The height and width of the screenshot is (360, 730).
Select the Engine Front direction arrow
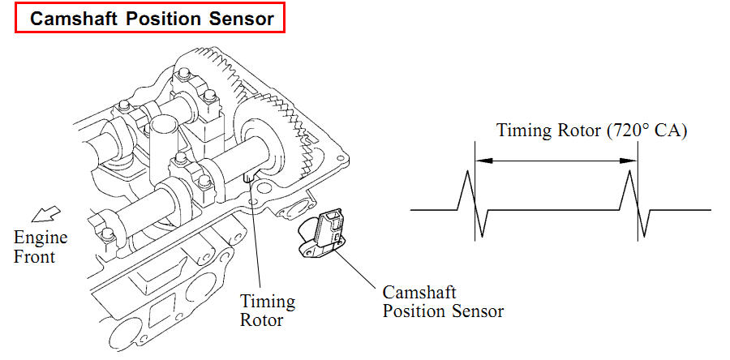click(x=45, y=214)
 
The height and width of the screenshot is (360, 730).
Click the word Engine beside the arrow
click(x=41, y=238)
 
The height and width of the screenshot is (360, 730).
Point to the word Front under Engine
click(x=34, y=257)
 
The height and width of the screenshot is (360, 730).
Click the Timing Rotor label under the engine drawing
click(x=267, y=311)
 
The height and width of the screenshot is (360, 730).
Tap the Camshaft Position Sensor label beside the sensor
click(x=443, y=302)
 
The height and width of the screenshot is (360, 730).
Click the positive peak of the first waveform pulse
click(x=467, y=171)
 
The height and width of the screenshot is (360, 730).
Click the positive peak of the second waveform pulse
click(x=630, y=171)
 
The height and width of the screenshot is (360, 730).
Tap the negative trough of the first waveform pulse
click(x=482, y=236)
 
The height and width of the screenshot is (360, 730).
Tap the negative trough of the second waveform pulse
click(x=645, y=236)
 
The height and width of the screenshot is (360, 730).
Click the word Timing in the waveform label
click(x=522, y=131)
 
